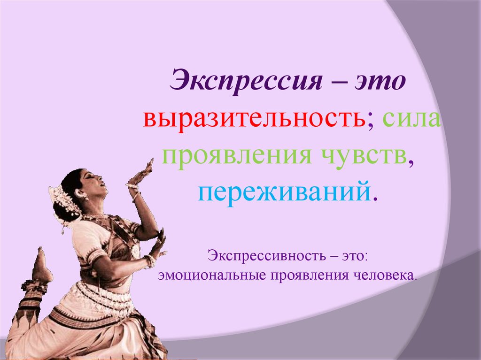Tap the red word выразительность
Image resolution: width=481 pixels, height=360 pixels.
[255, 120]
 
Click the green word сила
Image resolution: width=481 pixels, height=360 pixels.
[411, 119]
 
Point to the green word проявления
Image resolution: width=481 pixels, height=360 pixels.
[236, 156]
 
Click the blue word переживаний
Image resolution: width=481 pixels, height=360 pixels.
[284, 192]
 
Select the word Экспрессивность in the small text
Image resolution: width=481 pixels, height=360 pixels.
[267, 255]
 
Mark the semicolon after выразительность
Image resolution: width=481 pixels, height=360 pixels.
[372, 122]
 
